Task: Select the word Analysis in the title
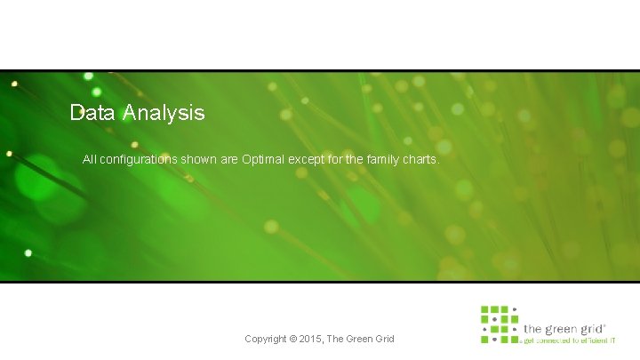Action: pos(164,113)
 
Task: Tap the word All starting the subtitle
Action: pos(89,160)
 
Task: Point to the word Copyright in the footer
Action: pos(266,339)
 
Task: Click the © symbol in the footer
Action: pos(295,339)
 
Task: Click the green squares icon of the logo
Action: pos(499,324)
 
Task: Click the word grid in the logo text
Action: pos(593,328)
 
